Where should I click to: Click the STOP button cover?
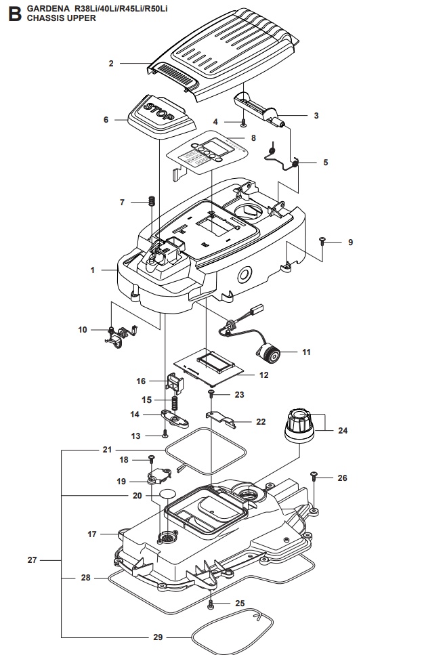click(160, 112)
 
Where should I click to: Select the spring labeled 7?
click(152, 202)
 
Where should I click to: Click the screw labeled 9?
click(322, 242)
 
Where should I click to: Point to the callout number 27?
click(32, 560)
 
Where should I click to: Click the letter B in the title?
click(12, 12)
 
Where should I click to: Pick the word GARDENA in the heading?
click(45, 7)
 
